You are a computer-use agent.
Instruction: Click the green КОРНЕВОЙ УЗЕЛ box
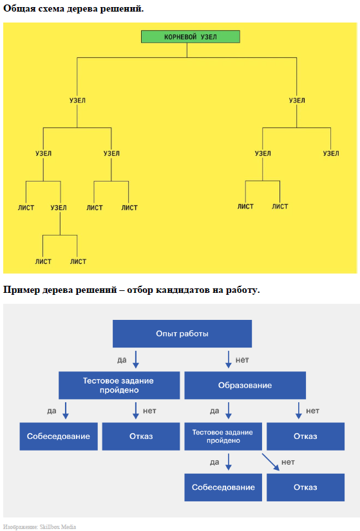click(x=190, y=37)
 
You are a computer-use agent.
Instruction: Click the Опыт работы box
click(x=182, y=333)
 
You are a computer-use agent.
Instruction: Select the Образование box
click(x=245, y=385)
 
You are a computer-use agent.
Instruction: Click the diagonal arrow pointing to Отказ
click(x=270, y=462)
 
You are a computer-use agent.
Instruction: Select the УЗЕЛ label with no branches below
click(x=330, y=153)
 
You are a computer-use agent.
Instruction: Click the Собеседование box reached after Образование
click(x=223, y=487)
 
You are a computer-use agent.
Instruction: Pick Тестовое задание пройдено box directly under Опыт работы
click(x=119, y=385)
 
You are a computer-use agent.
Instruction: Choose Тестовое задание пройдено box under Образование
click(x=223, y=436)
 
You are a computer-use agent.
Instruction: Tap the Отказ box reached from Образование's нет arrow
click(x=305, y=436)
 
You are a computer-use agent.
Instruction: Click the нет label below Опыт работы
click(x=242, y=360)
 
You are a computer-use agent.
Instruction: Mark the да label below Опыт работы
click(x=122, y=360)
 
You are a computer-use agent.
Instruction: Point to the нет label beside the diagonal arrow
click(x=288, y=462)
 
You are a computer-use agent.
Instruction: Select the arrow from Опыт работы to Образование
click(x=229, y=359)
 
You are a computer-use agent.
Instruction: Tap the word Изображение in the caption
click(x=21, y=527)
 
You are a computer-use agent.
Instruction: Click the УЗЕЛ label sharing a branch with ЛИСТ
click(x=59, y=208)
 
